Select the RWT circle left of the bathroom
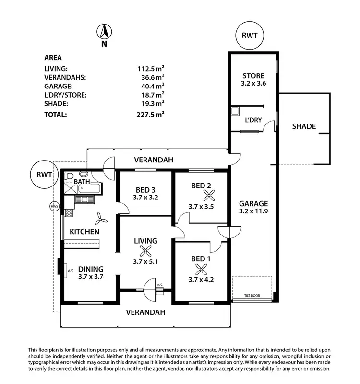click(41, 175)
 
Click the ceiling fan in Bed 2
click(209, 195)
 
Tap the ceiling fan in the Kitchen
click(101, 219)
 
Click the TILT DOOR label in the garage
click(252, 295)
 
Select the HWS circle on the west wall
click(53, 207)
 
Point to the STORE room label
click(253, 76)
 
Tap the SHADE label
click(304, 126)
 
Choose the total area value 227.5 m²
click(151, 115)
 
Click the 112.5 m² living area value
click(151, 69)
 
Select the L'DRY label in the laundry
click(253, 120)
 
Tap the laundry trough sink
click(235, 111)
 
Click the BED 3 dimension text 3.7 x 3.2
click(144, 197)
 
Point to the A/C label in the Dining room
click(71, 271)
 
